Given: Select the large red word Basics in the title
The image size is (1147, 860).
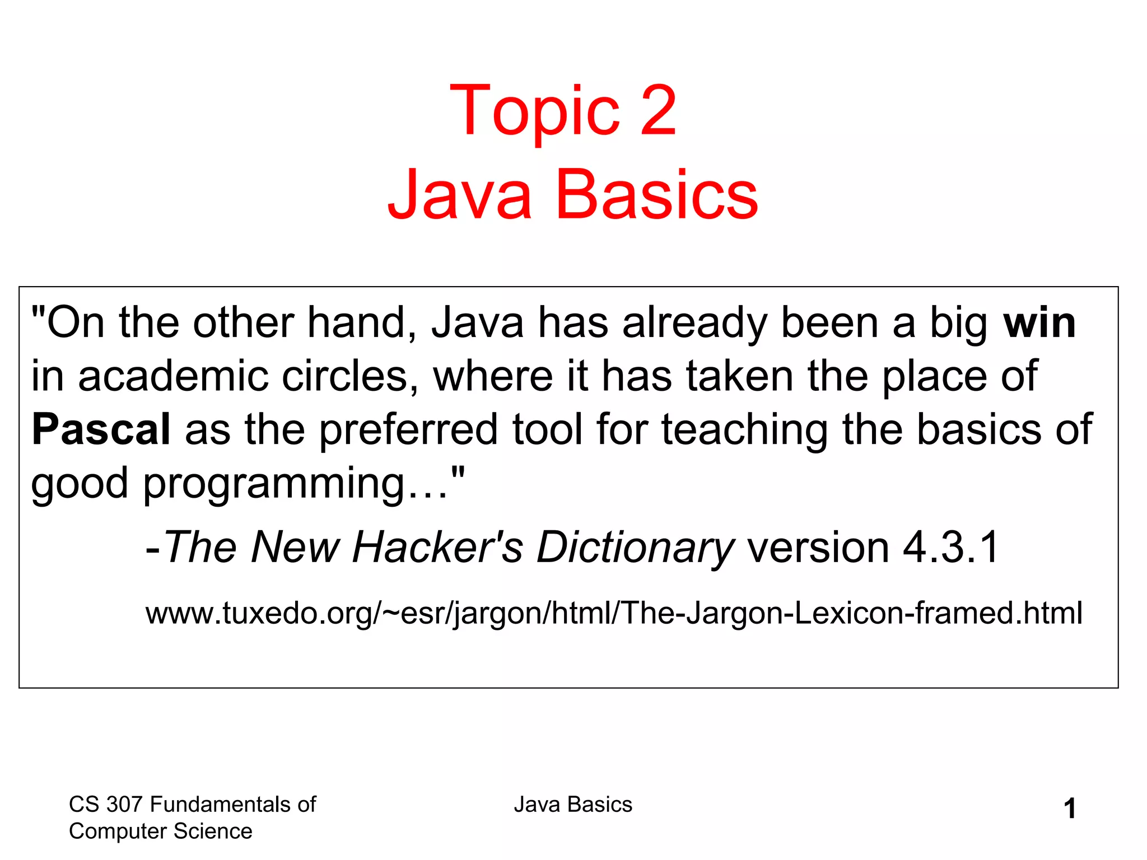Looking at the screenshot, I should [x=656, y=195].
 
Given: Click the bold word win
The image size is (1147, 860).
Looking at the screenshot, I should [x=1039, y=323].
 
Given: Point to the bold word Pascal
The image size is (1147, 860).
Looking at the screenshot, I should [x=101, y=429].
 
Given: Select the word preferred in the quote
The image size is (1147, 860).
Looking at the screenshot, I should [x=408, y=429].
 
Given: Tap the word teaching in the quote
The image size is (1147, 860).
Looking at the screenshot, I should [x=744, y=429].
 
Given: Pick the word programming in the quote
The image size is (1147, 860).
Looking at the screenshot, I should [x=274, y=483].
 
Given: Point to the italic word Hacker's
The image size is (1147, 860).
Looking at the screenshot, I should [x=437, y=547].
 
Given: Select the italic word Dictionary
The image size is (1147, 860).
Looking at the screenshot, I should [x=635, y=547].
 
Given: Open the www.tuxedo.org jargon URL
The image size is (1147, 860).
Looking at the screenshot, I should [x=614, y=613].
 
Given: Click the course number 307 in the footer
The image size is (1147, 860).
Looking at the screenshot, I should [x=125, y=805].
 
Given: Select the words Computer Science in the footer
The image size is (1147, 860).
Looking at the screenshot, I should [x=160, y=831].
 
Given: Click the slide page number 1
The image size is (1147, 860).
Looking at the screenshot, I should [x=1070, y=809].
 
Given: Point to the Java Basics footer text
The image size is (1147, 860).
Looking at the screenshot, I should [x=573, y=805].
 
